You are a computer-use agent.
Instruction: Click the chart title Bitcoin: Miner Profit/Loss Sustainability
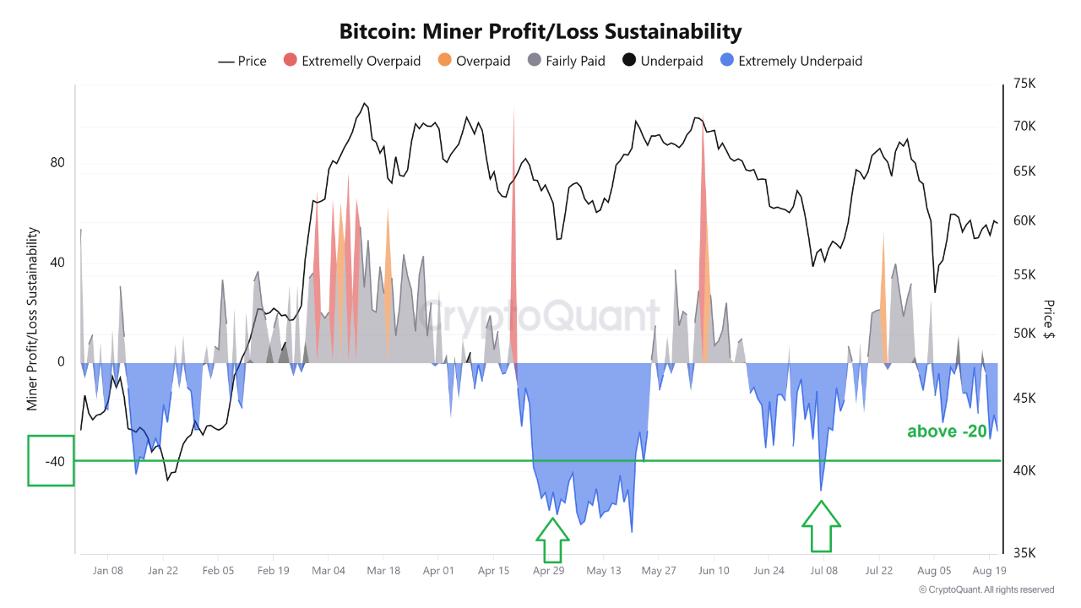(x=540, y=32)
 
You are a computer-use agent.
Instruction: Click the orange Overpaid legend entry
(x=474, y=61)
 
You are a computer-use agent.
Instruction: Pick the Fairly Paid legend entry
(x=566, y=61)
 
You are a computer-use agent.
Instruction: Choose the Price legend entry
(x=242, y=61)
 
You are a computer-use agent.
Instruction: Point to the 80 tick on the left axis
(x=57, y=163)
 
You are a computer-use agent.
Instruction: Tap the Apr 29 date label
(x=548, y=571)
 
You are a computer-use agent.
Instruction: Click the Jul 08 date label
(x=823, y=571)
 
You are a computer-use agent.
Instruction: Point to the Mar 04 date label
(x=328, y=571)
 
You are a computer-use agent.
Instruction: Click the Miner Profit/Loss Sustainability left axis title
(x=33, y=319)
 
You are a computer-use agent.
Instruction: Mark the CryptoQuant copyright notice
(x=986, y=589)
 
